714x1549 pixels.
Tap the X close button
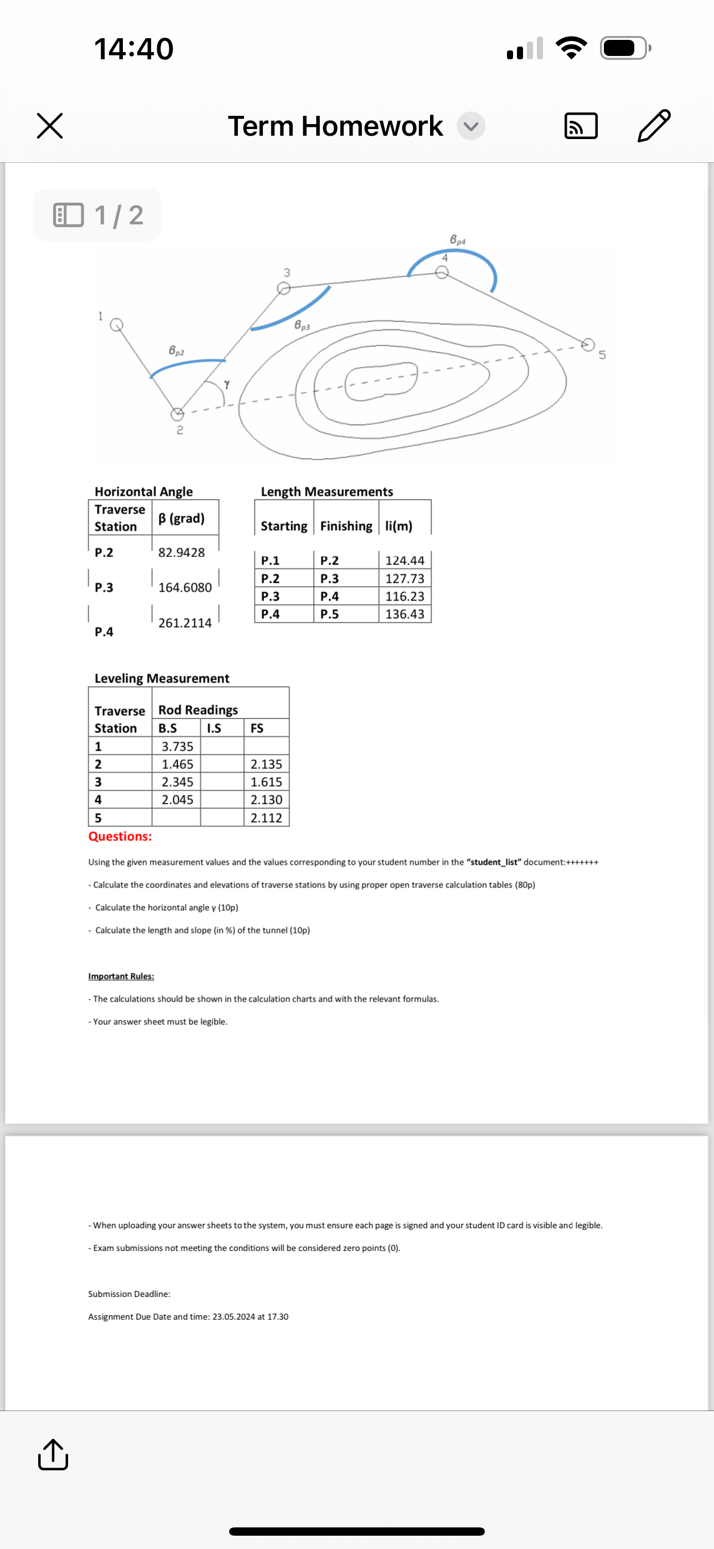[50, 126]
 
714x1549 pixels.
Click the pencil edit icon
[653, 125]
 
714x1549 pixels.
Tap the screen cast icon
[581, 126]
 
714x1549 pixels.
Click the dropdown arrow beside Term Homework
[470, 126]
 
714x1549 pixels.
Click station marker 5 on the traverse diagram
[588, 344]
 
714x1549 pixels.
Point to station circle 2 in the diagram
[177, 414]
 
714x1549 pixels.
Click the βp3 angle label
[302, 325]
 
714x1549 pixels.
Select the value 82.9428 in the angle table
[182, 552]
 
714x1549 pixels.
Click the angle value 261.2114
[184, 623]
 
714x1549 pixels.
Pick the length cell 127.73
[405, 578]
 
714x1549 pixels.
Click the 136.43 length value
[405, 614]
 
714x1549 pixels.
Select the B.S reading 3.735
[177, 746]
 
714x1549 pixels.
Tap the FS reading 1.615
[266, 782]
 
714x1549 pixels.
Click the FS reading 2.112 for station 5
[266, 818]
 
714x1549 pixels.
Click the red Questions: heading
[120, 837]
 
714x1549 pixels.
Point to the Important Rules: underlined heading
[121, 976]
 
